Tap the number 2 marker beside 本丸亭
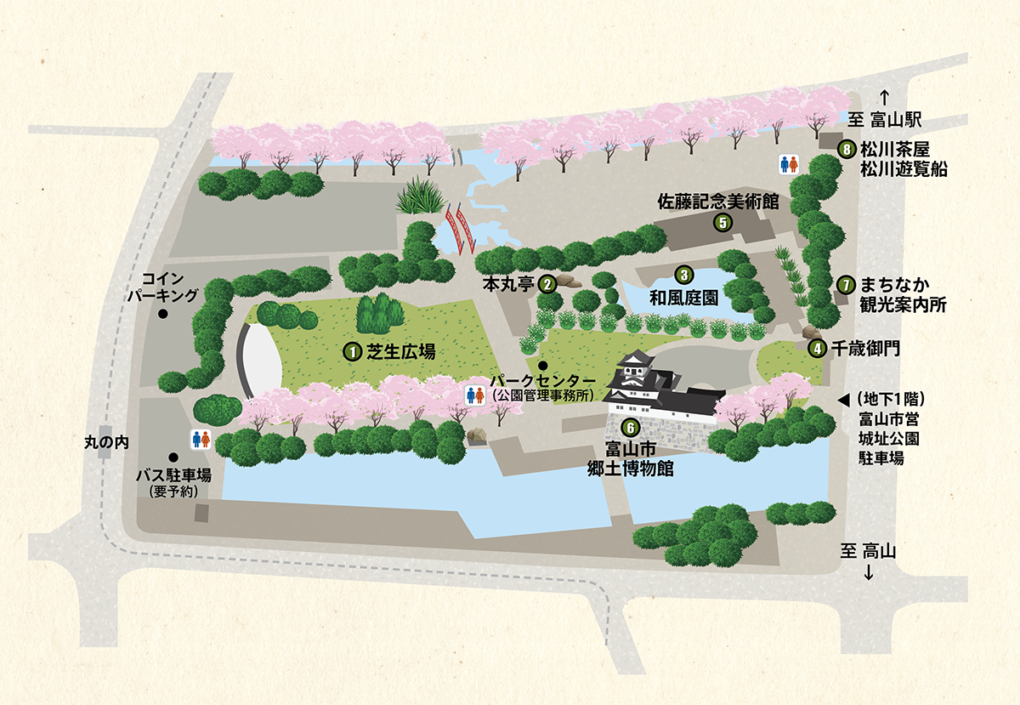548,282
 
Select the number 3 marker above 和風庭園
683,275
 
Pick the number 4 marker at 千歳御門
817,347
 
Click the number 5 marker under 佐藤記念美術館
722,223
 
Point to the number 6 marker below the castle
630,427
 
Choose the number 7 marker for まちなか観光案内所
846,284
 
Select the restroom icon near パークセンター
476,395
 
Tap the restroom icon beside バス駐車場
201,438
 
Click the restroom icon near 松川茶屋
790,163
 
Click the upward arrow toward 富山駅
884,96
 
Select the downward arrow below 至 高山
869,573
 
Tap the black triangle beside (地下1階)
844,399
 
